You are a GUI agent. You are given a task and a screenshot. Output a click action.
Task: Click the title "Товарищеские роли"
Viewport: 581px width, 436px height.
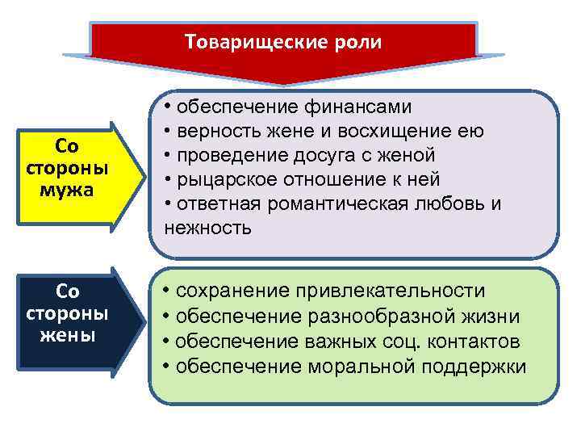click(x=283, y=41)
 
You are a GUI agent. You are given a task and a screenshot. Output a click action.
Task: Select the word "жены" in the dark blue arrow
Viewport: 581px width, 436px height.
click(x=68, y=335)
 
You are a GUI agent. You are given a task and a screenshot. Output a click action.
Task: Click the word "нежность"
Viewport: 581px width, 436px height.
click(x=208, y=228)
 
